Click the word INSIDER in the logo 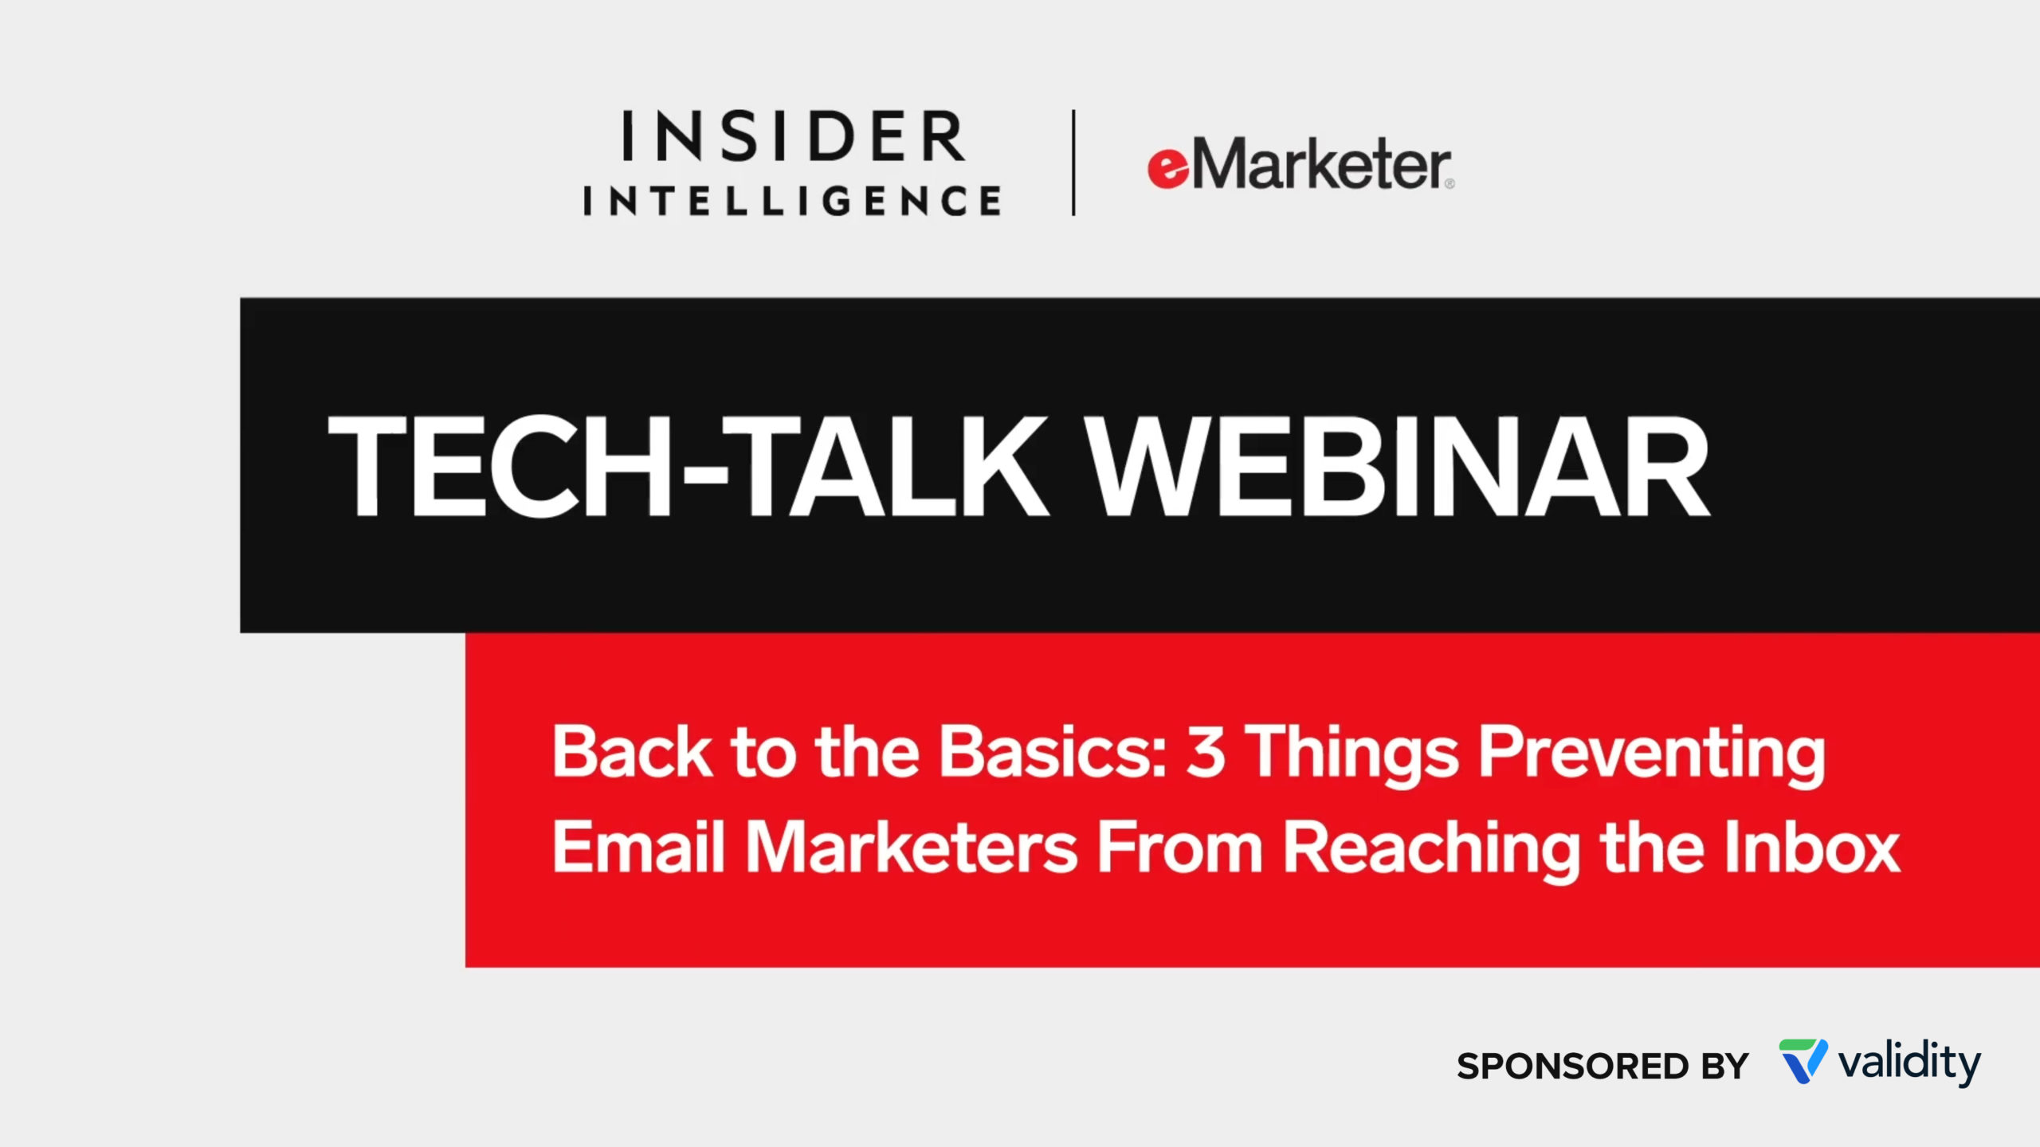click(x=793, y=135)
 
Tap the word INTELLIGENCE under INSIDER click(x=793, y=200)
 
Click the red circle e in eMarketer click(x=1168, y=169)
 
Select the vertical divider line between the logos click(x=1073, y=162)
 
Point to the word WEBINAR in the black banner click(x=1399, y=468)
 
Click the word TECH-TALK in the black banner click(x=688, y=468)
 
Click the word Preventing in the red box click(x=1652, y=757)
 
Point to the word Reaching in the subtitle click(x=1431, y=852)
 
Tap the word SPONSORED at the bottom click(x=1572, y=1067)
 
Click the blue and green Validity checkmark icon click(x=1803, y=1061)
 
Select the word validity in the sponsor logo click(x=1909, y=1063)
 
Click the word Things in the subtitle click(x=1351, y=757)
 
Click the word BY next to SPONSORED click(x=1725, y=1067)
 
